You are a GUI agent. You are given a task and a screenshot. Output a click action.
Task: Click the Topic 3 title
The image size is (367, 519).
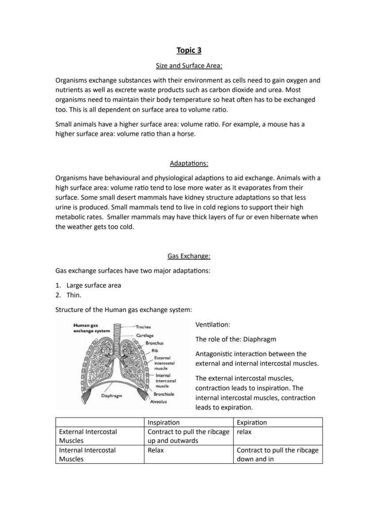(189, 50)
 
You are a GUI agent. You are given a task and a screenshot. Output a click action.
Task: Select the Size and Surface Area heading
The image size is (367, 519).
(189, 66)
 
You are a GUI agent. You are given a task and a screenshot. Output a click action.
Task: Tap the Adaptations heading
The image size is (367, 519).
(189, 163)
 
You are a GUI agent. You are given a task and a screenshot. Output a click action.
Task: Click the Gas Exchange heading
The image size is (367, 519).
(189, 256)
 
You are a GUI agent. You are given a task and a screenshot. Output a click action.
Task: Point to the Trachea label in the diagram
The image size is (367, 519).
(143, 327)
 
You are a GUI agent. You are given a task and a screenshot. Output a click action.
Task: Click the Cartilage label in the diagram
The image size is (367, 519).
(144, 335)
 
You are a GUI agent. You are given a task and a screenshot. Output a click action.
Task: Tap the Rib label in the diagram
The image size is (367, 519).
(154, 350)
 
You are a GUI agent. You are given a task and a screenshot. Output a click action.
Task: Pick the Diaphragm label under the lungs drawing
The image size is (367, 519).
(111, 395)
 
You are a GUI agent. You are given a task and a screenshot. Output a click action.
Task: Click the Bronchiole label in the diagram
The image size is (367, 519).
(164, 394)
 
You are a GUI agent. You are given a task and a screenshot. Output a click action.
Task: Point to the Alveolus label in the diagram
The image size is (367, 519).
(158, 402)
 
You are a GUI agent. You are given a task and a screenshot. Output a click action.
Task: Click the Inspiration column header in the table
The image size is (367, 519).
(164, 422)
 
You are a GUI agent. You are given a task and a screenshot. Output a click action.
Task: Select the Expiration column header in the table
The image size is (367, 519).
(252, 422)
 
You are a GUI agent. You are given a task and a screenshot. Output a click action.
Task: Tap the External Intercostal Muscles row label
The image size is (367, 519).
(88, 436)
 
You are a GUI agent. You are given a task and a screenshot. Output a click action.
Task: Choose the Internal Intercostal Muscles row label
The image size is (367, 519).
(87, 455)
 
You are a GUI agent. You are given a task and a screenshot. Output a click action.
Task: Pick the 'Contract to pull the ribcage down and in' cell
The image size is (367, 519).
(277, 455)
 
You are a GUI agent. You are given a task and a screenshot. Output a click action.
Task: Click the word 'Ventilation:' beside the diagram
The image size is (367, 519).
(213, 325)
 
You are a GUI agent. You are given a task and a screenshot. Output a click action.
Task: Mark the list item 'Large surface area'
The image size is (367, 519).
(94, 285)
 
